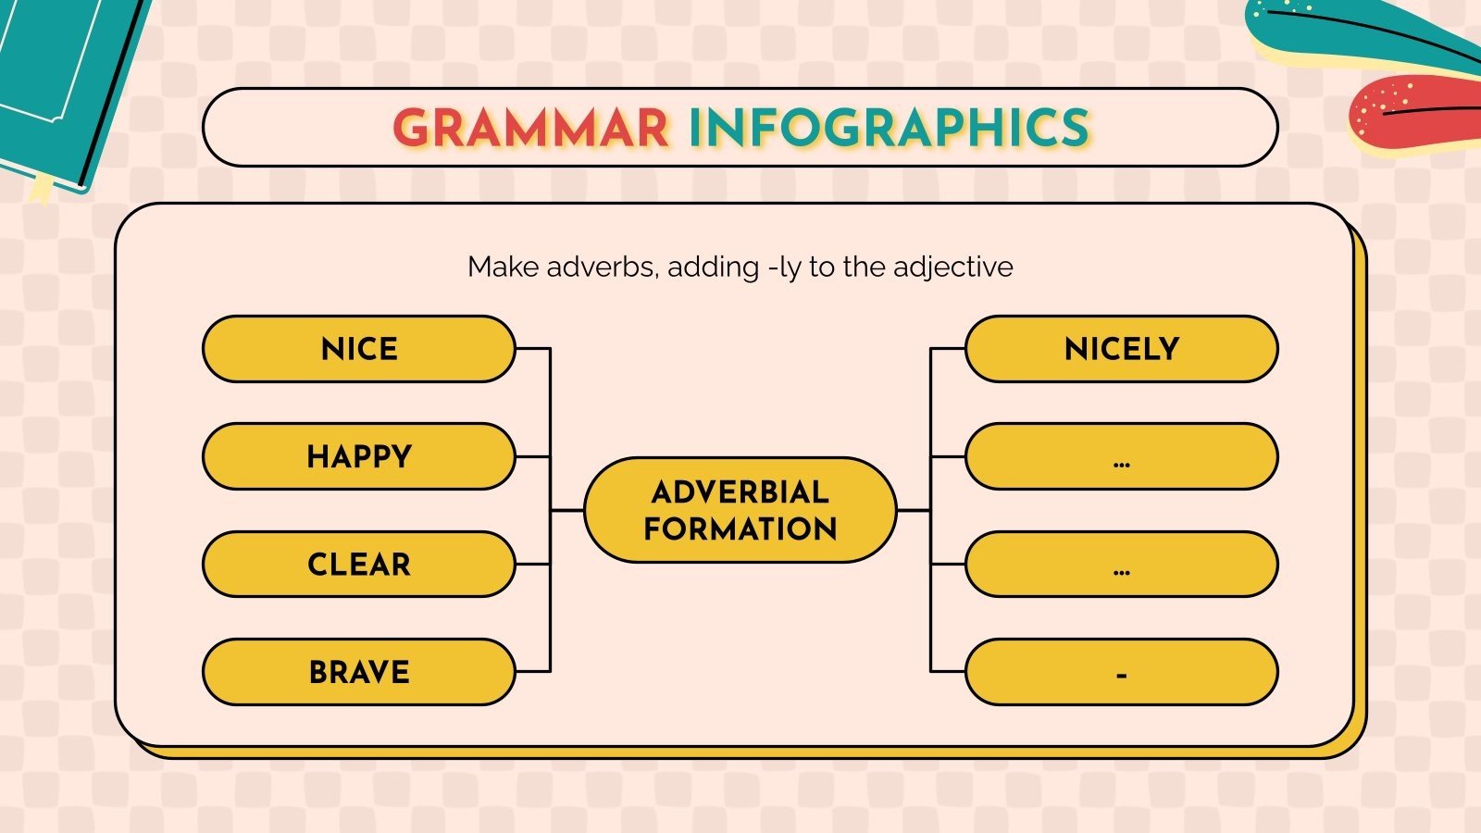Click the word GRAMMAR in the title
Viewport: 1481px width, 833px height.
[530, 128]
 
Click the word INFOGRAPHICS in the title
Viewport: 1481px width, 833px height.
[890, 128]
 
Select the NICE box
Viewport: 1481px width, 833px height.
[359, 349]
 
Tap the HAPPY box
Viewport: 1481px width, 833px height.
[359, 456]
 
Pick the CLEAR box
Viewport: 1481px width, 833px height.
[359, 565]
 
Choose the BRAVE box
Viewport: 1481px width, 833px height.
[359, 672]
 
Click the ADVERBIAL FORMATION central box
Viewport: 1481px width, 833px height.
[740, 510]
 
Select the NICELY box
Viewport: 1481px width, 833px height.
[1121, 349]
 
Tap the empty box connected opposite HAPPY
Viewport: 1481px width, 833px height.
[1121, 456]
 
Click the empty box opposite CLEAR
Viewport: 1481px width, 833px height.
[1121, 565]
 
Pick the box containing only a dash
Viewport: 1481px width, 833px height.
[1121, 672]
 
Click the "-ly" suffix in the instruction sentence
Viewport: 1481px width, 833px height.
[784, 267]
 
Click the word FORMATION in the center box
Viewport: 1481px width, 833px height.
[740, 528]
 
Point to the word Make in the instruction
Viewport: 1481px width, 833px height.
[504, 267]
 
